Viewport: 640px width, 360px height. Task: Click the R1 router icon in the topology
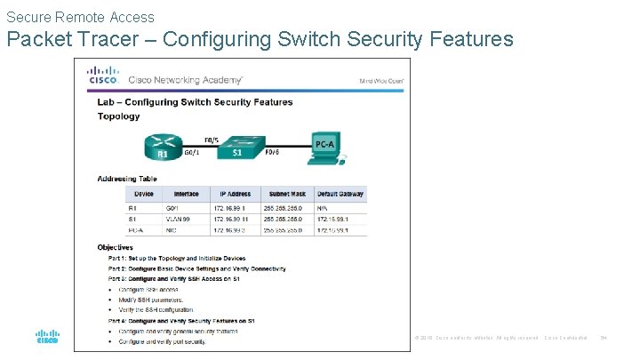point(164,146)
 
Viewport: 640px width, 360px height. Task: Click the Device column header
point(144,193)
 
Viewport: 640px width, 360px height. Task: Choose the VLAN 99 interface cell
point(186,217)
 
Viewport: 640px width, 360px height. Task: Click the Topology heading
point(118,116)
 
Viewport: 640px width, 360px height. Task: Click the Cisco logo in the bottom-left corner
point(46,337)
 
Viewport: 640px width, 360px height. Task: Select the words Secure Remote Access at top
point(80,17)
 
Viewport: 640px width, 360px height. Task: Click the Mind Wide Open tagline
point(382,80)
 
